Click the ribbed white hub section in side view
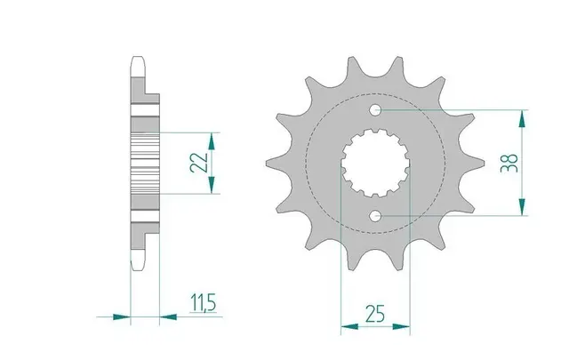[145, 163]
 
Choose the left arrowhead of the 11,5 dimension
[124, 315]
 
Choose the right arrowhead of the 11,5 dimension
[166, 315]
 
